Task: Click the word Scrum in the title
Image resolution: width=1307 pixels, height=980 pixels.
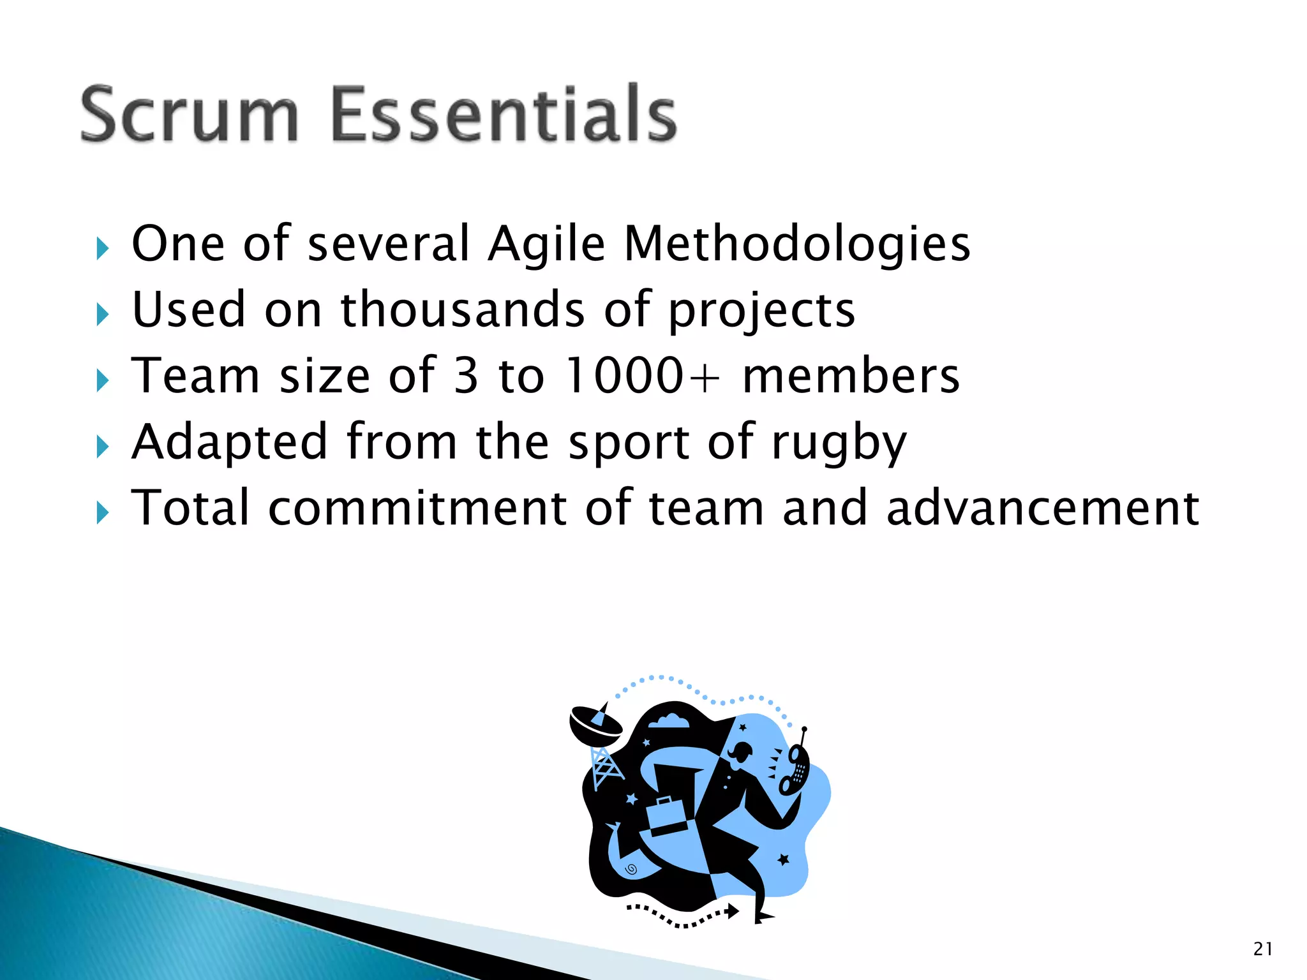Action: click(190, 115)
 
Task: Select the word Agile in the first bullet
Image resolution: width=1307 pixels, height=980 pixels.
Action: click(546, 245)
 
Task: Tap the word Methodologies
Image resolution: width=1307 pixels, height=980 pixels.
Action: click(796, 245)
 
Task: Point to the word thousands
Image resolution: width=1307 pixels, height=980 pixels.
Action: click(463, 311)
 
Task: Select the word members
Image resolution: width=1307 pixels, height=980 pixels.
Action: click(851, 376)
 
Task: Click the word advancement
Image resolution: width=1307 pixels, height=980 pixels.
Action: click(1043, 509)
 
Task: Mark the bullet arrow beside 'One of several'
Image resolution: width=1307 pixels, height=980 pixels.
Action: click(103, 248)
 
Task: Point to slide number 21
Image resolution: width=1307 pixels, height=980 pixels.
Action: click(1262, 949)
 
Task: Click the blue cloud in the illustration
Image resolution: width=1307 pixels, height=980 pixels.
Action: click(669, 722)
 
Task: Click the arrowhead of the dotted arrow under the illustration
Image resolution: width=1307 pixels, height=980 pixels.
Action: click(733, 910)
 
